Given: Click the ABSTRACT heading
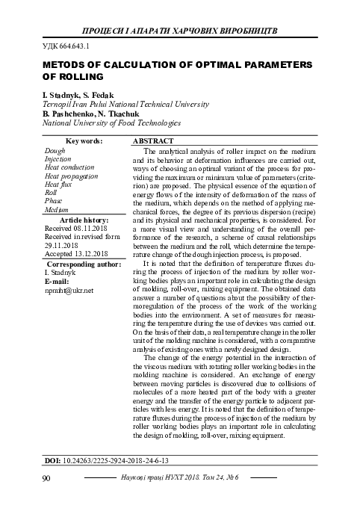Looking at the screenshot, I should coord(153,141).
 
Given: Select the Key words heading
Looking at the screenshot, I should coord(84,141).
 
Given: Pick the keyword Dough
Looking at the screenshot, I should coord(56,150).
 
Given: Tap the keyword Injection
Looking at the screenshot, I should coord(58,159).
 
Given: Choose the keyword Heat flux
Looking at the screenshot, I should coord(58,184).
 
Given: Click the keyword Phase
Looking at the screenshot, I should coord(54,201).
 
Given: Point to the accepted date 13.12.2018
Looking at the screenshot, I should coord(93,254).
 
